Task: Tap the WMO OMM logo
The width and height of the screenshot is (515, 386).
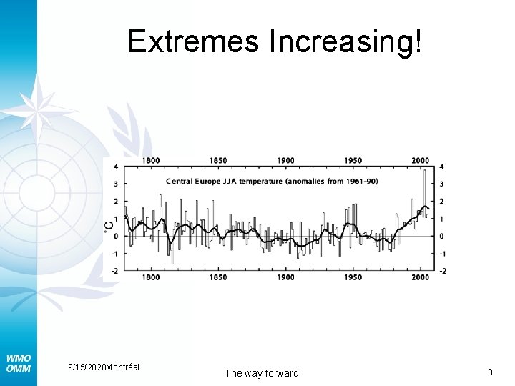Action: [x=18, y=362]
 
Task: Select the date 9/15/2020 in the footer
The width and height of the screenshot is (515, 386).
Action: [x=86, y=367]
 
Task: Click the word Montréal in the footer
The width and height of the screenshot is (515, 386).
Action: [x=122, y=367]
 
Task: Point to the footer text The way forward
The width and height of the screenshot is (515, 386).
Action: [x=262, y=373]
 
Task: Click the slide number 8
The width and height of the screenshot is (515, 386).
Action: [x=490, y=372]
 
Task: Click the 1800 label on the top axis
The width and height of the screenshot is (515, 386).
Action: [x=150, y=161]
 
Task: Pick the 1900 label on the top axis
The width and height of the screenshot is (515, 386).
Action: [x=285, y=161]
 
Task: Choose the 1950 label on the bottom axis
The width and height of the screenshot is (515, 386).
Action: [x=353, y=277]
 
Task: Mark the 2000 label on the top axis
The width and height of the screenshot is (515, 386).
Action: [x=421, y=161]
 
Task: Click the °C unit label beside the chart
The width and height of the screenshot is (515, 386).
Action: [x=109, y=225]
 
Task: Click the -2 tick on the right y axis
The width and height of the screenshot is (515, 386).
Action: [x=443, y=271]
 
